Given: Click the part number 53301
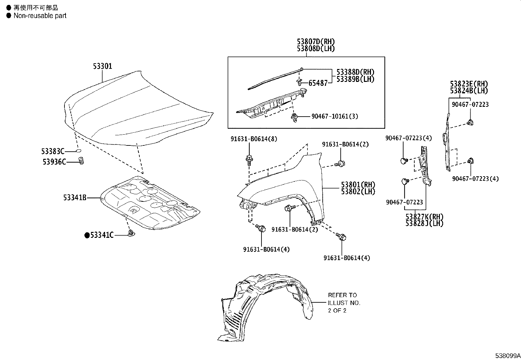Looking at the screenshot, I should pyautogui.click(x=102, y=66).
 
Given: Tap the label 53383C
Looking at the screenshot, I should pyautogui.click(x=53, y=151).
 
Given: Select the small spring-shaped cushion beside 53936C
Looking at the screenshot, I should pyautogui.click(x=81, y=161).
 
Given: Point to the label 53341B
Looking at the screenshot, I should pyautogui.click(x=75, y=198).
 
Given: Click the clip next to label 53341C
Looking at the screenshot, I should pyautogui.click(x=132, y=234).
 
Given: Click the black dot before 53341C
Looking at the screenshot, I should pyautogui.click(x=87, y=235).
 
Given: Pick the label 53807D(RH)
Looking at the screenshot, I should pyautogui.click(x=316, y=42).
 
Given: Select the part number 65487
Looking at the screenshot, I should pyautogui.click(x=318, y=83).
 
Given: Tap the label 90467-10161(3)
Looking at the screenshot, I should pyautogui.click(x=335, y=116).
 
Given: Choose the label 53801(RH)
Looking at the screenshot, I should pyautogui.click(x=358, y=185).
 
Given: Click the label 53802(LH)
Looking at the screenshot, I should pyautogui.click(x=358, y=192).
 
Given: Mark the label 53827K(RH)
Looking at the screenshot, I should pyautogui.click(x=424, y=217).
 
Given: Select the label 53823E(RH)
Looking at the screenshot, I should pyautogui.click(x=469, y=84).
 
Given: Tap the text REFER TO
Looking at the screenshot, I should pyautogui.click(x=342, y=295).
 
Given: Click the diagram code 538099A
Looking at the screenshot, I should pyautogui.click(x=507, y=356).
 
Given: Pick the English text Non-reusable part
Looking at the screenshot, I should pyautogui.click(x=40, y=16).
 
